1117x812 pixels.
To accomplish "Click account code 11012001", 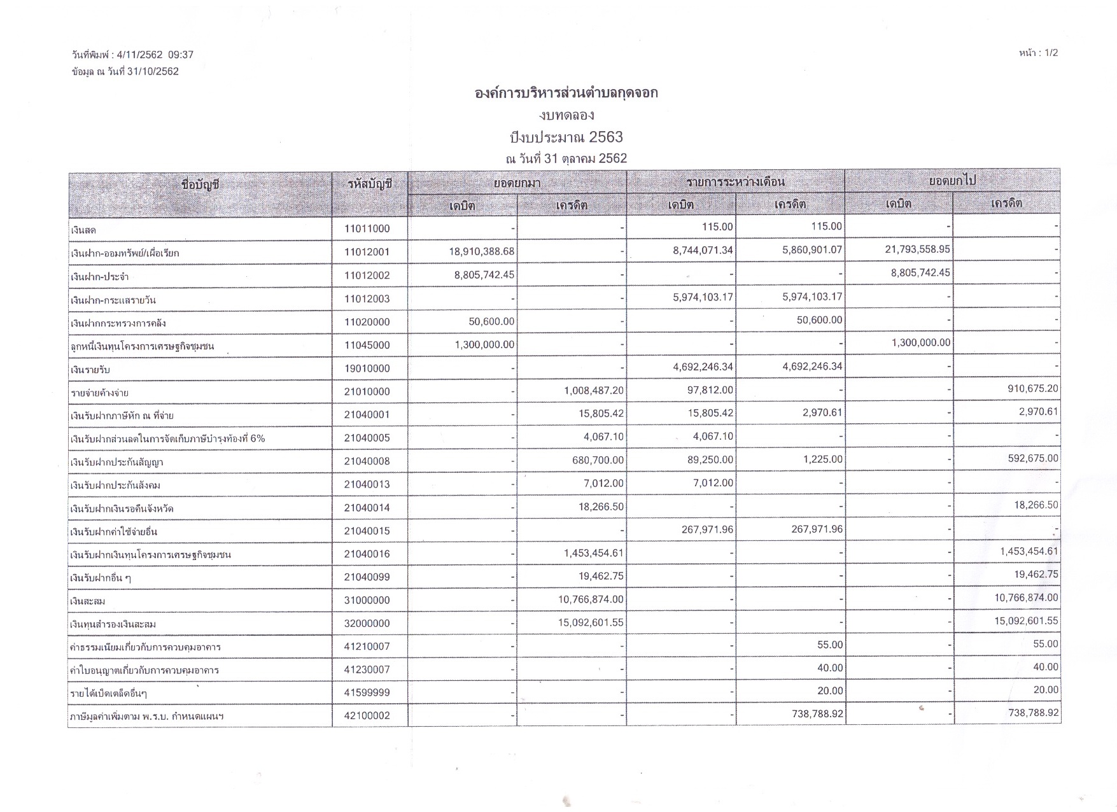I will [367, 252].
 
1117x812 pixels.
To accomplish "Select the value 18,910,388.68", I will [482, 251].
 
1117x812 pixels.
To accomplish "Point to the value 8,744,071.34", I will [703, 251].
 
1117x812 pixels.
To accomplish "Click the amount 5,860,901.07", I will [812, 250].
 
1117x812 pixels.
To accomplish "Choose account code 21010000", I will [367, 392].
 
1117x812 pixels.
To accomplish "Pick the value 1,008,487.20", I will [594, 390].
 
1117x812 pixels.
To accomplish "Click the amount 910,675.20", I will [1033, 388].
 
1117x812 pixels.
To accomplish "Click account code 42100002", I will [367, 716].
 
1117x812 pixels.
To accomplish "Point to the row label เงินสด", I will [83, 230].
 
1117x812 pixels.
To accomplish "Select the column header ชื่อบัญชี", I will [200, 185].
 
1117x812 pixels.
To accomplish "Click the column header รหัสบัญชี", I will [370, 184].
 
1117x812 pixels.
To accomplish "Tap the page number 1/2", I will [1046, 53].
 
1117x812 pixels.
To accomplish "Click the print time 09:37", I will [181, 55].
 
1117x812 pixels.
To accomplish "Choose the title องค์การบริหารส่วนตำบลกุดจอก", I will [566, 93].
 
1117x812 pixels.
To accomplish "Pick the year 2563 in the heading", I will [605, 137].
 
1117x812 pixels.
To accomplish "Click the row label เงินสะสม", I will [88, 601].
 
